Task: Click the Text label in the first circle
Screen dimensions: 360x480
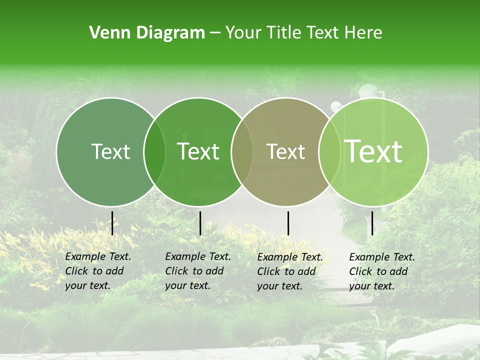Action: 110,151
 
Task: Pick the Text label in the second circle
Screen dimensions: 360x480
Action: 198,151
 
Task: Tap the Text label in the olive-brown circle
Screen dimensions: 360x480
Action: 285,151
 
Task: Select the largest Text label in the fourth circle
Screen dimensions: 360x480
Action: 373,151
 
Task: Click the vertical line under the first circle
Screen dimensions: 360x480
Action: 112,223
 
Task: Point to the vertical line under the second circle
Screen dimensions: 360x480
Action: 200,223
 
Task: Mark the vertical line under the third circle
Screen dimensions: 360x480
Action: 288,223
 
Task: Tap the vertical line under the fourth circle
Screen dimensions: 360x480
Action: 372,223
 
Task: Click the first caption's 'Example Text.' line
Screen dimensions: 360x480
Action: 98,256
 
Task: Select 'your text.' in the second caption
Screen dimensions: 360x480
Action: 187,285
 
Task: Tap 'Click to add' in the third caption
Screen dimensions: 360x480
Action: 286,271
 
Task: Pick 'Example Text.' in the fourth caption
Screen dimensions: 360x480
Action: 382,257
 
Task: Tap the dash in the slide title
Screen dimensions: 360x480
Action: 215,33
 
